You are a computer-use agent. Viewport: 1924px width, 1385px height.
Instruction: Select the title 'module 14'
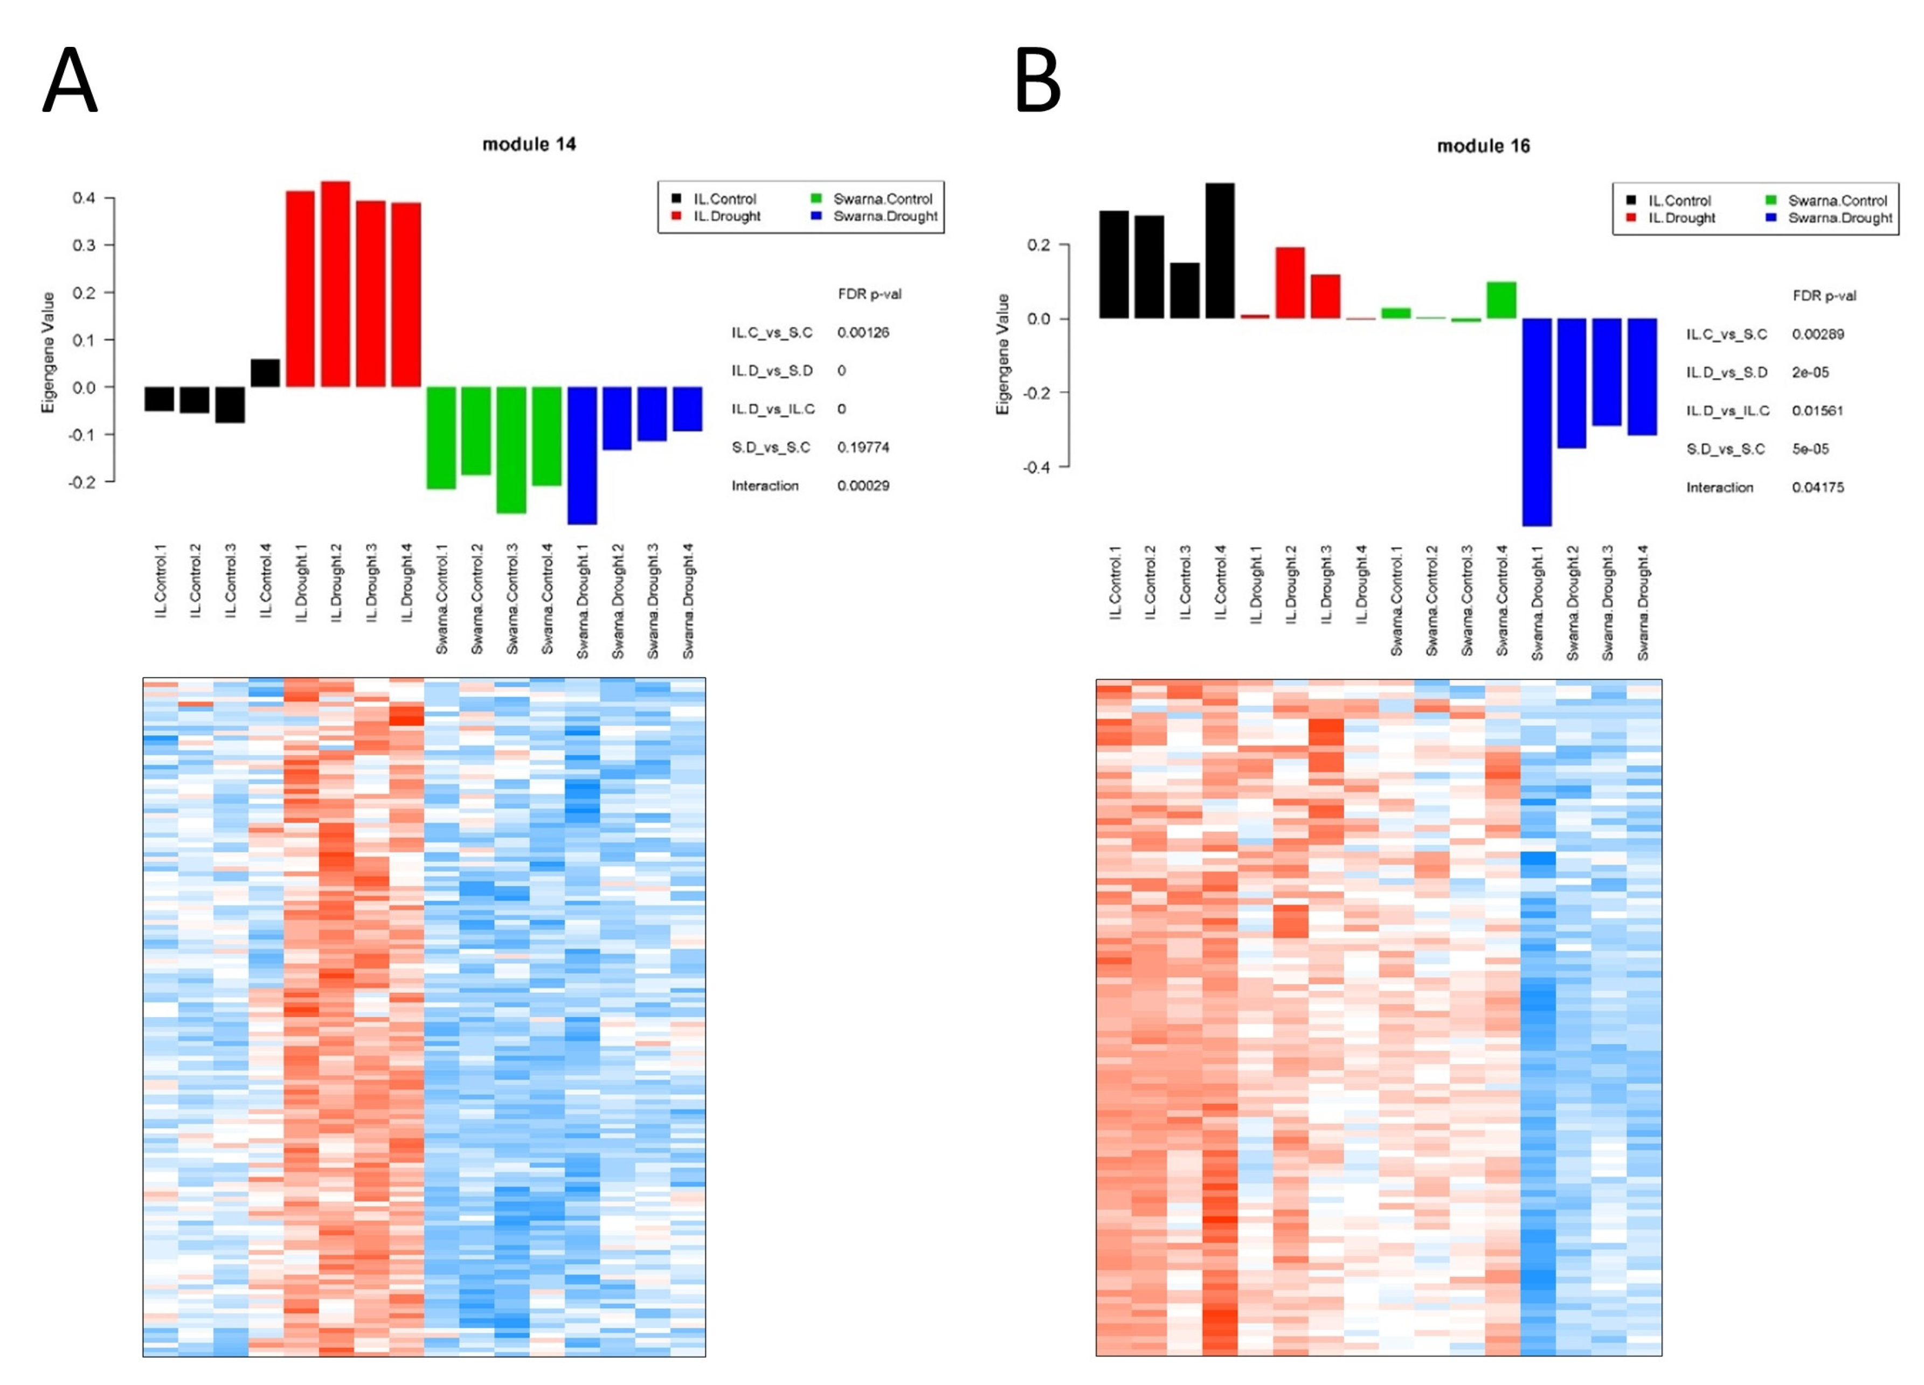point(529,144)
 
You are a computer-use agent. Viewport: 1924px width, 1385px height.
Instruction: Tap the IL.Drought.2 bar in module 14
point(335,284)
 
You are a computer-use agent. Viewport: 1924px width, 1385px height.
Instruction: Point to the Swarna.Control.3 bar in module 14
point(511,449)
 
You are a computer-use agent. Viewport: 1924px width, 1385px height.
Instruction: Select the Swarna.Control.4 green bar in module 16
point(1501,300)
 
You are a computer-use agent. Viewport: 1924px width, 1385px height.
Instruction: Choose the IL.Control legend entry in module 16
point(1679,201)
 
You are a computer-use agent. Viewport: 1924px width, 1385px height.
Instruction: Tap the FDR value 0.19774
point(863,447)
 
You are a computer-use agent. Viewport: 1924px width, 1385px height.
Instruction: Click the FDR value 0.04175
point(1817,487)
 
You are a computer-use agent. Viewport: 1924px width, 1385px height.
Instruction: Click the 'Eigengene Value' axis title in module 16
point(1003,354)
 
